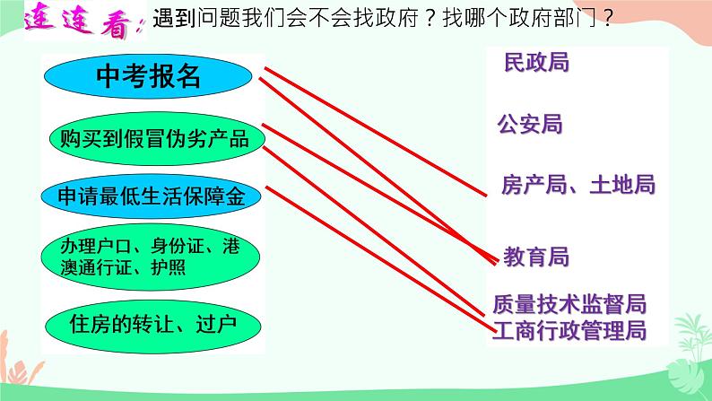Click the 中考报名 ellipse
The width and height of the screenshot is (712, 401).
point(149,79)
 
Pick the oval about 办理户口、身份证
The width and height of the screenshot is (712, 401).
point(150,256)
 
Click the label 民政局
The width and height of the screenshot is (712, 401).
point(536,63)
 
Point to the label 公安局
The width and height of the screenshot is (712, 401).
point(529,124)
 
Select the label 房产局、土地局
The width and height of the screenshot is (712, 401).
point(578,185)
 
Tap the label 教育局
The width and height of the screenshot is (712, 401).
point(535,257)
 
